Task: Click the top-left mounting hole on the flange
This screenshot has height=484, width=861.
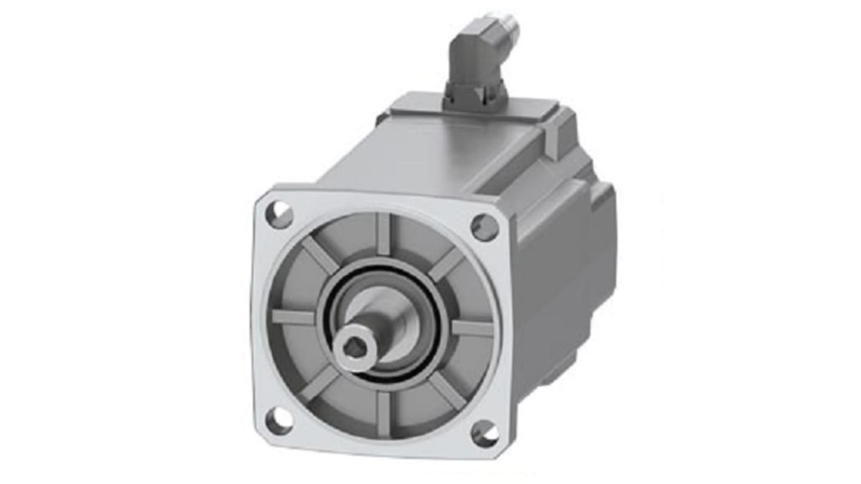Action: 280,215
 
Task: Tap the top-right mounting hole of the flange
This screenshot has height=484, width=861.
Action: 484,227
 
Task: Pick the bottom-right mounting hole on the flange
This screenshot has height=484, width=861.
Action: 486,434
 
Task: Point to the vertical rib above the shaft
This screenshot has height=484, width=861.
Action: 383,234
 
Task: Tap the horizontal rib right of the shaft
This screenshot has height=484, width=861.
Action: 472,328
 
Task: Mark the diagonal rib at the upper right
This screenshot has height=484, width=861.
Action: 447,264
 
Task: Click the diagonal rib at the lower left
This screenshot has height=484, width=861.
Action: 319,383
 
